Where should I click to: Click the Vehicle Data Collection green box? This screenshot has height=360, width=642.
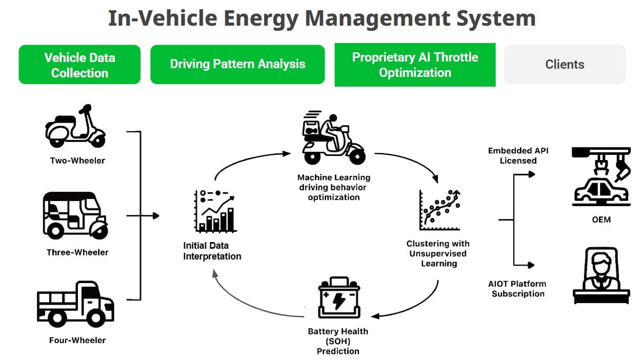(x=79, y=65)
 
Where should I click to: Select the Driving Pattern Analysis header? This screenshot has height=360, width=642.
(x=237, y=64)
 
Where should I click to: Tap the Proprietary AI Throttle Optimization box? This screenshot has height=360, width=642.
(x=415, y=65)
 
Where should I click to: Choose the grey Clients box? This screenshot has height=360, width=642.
(x=565, y=65)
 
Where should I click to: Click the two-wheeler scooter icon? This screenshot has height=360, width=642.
(x=75, y=126)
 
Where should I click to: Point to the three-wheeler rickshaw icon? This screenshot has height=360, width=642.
(x=75, y=215)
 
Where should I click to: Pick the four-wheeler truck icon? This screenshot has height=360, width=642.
(x=75, y=304)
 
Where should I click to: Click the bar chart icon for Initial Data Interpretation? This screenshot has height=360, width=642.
(x=215, y=211)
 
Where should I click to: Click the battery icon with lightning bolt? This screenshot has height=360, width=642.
(x=339, y=298)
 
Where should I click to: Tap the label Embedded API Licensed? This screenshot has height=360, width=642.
(x=518, y=155)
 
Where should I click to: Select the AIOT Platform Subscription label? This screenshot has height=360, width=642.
(x=518, y=289)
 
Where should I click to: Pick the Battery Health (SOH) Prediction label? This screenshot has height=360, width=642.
(x=338, y=341)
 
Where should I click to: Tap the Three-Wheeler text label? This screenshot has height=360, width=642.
(x=77, y=252)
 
